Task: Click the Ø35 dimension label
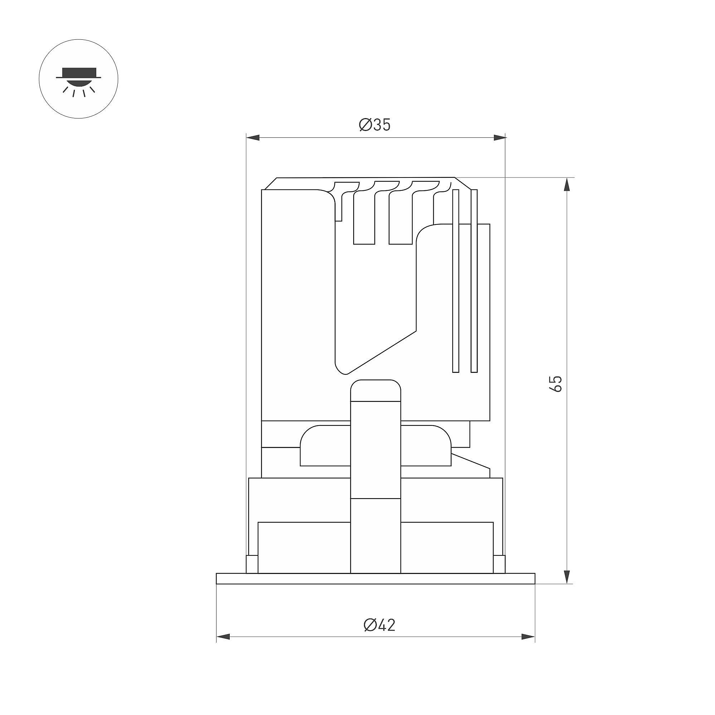375,125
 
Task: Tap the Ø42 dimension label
379,625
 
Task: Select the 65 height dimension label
556,383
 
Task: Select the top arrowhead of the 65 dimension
566,185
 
